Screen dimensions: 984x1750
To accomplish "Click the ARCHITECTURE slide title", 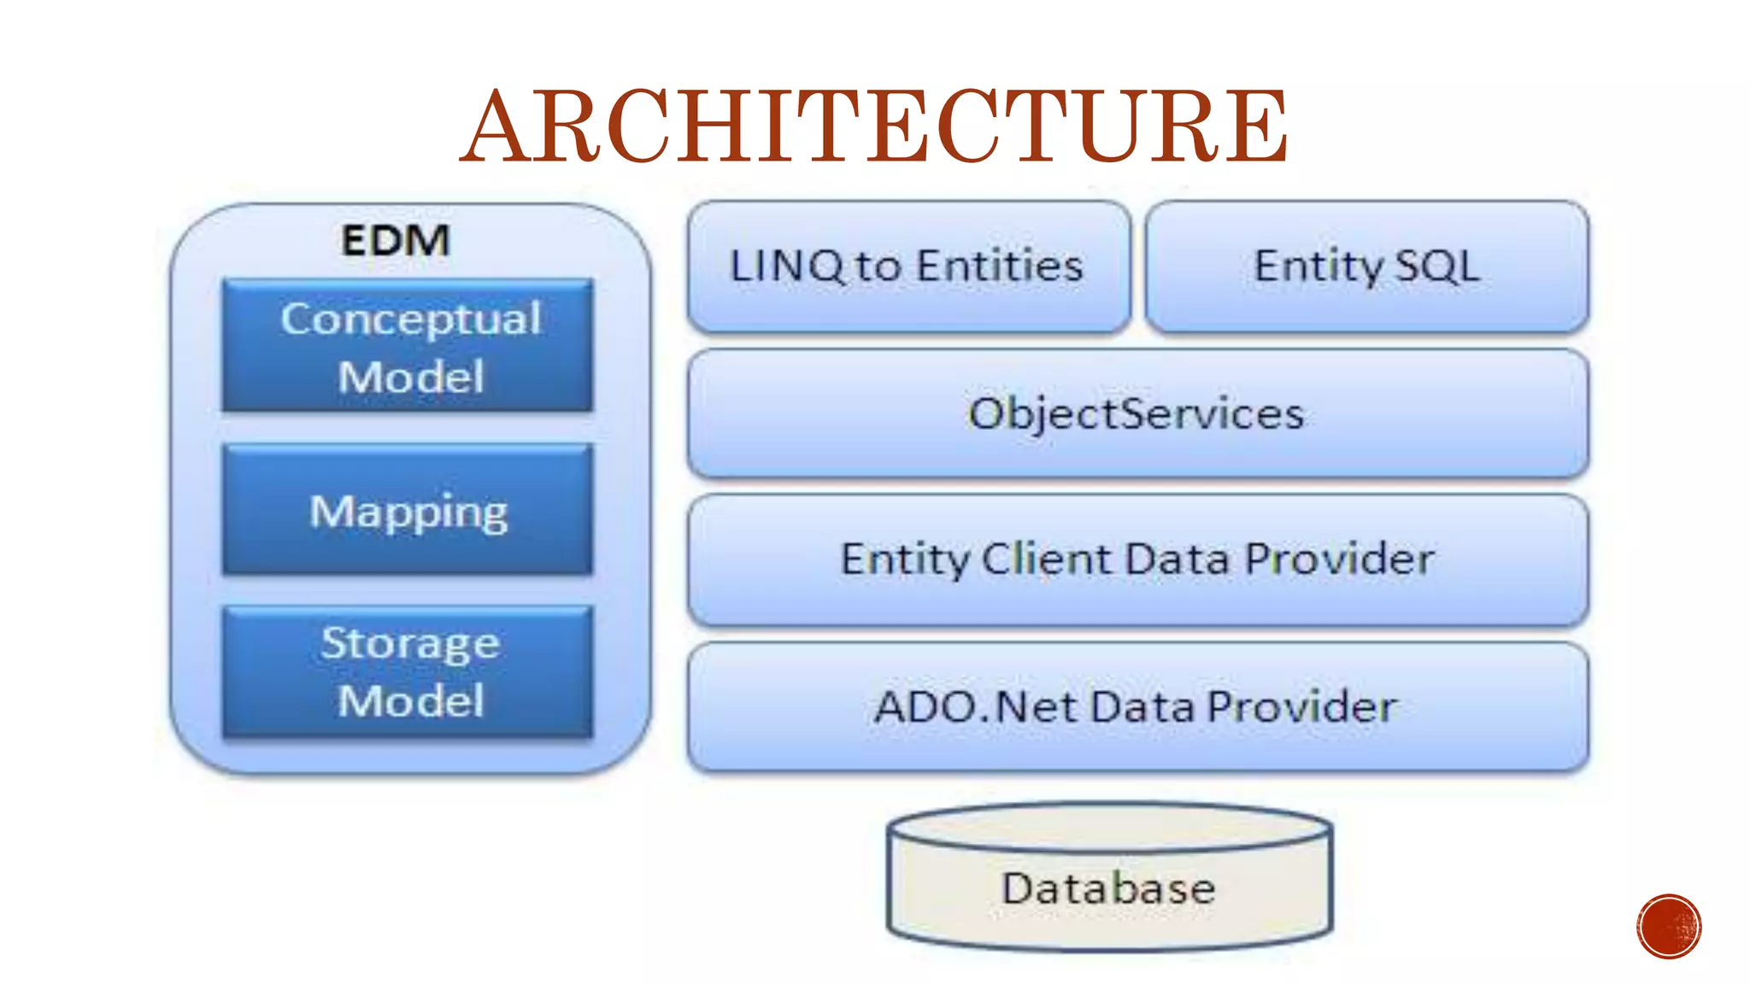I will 874,126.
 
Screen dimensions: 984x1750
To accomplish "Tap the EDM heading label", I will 396,240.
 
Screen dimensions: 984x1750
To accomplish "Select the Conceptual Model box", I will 408,346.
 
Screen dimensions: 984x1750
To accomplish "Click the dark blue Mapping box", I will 408,511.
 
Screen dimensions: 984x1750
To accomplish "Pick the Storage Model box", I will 408,671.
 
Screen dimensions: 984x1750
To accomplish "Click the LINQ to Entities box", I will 908,266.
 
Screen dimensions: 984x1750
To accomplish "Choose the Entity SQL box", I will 1366,266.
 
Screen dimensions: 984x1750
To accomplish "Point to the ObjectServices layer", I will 1136,414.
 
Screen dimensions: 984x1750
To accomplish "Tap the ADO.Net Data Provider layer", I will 1136,707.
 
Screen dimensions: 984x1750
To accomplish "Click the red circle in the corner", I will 1669,927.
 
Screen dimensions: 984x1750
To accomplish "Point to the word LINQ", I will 787,266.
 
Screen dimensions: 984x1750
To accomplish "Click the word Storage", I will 410,644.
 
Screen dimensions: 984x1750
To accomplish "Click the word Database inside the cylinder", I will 1108,888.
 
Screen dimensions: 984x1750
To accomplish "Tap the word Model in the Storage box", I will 411,701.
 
